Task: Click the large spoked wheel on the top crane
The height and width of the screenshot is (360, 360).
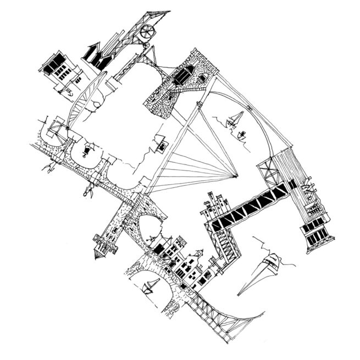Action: [146, 32]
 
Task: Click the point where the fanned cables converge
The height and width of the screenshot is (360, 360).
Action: [236, 177]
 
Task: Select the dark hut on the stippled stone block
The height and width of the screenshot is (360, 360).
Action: [185, 75]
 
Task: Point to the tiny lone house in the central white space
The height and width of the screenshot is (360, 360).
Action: [162, 146]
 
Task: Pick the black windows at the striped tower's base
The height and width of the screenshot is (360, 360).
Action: [316, 233]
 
